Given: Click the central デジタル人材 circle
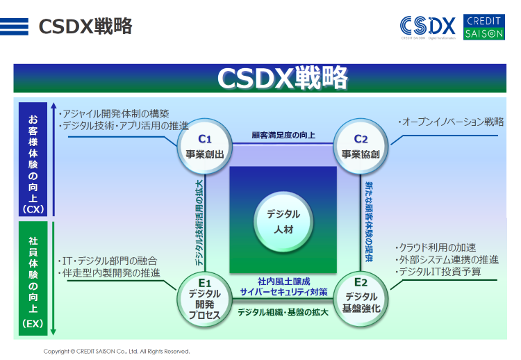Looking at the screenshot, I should (x=283, y=222).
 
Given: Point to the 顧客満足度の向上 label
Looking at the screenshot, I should (x=283, y=135).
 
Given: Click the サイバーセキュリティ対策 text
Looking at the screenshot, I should (x=283, y=293).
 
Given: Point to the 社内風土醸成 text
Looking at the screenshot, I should (x=283, y=281).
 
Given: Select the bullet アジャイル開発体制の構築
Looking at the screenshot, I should (x=115, y=114).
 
